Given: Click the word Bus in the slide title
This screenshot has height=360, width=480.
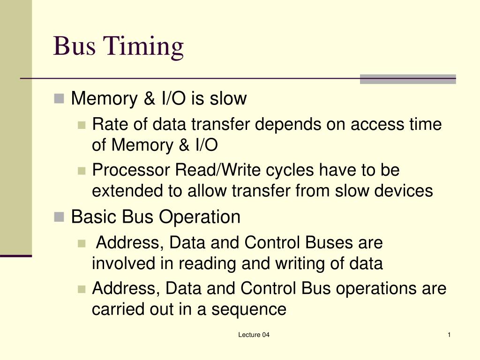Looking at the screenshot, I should [73, 46].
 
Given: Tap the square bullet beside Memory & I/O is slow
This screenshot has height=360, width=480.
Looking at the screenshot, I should [59, 98].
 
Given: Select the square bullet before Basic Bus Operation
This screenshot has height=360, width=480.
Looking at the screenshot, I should [59, 217].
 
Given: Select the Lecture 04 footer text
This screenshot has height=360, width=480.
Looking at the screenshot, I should [254, 335].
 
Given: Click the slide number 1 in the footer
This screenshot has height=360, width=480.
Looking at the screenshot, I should [449, 335].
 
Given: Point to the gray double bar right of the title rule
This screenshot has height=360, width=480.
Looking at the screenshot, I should [408, 79].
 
